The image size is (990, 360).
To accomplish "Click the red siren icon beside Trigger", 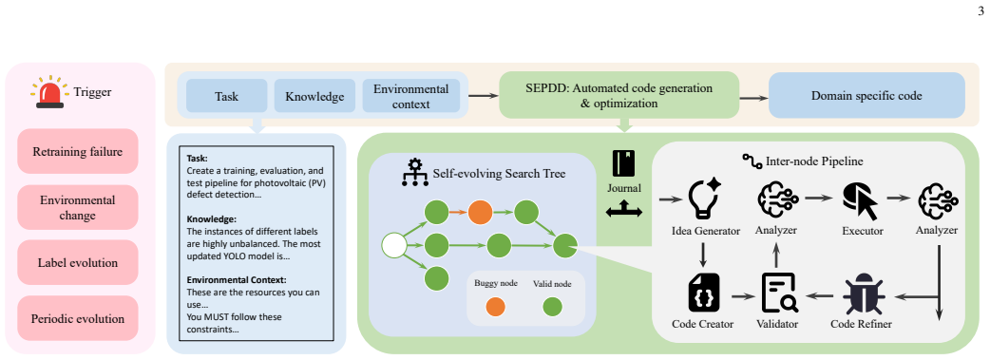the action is [x=49, y=92].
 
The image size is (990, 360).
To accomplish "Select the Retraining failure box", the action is [x=78, y=152].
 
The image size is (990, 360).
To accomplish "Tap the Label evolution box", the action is [x=78, y=263].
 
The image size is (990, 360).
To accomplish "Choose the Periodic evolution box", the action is [x=78, y=318].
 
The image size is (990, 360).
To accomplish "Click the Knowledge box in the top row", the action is [x=314, y=96].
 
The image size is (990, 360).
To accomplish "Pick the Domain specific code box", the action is [x=866, y=96].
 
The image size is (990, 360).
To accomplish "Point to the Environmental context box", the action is [x=411, y=96].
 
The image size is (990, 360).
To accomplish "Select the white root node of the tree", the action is [x=394, y=246].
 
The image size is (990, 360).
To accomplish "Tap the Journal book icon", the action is [x=624, y=163].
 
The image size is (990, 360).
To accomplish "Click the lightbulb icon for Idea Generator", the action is [x=703, y=197].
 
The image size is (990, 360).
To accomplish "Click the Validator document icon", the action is [x=779, y=294].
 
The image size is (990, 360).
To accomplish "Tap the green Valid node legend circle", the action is [x=552, y=307].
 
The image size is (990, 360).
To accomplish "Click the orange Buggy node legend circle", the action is [x=496, y=307].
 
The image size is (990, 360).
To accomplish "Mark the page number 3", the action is [x=980, y=10].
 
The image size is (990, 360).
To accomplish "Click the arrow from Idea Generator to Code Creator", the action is [x=703, y=254].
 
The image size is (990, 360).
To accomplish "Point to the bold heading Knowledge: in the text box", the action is [x=211, y=219].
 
